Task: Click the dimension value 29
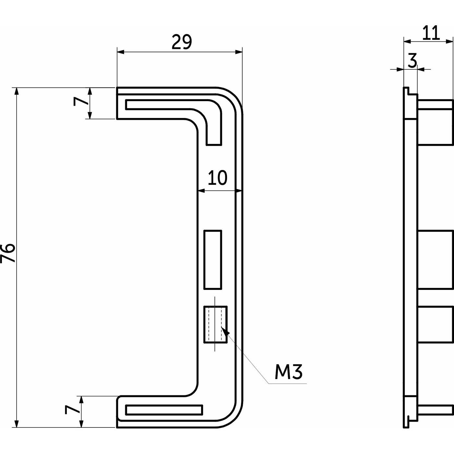[x=182, y=42]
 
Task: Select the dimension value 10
[x=217, y=178]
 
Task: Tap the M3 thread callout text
[x=288, y=372]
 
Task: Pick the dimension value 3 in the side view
[x=412, y=61]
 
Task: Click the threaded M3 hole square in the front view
[x=215, y=324]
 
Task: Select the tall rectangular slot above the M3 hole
[x=213, y=259]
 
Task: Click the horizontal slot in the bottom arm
[x=164, y=410]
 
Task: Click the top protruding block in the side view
[x=435, y=122]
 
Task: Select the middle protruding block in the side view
[x=435, y=259]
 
